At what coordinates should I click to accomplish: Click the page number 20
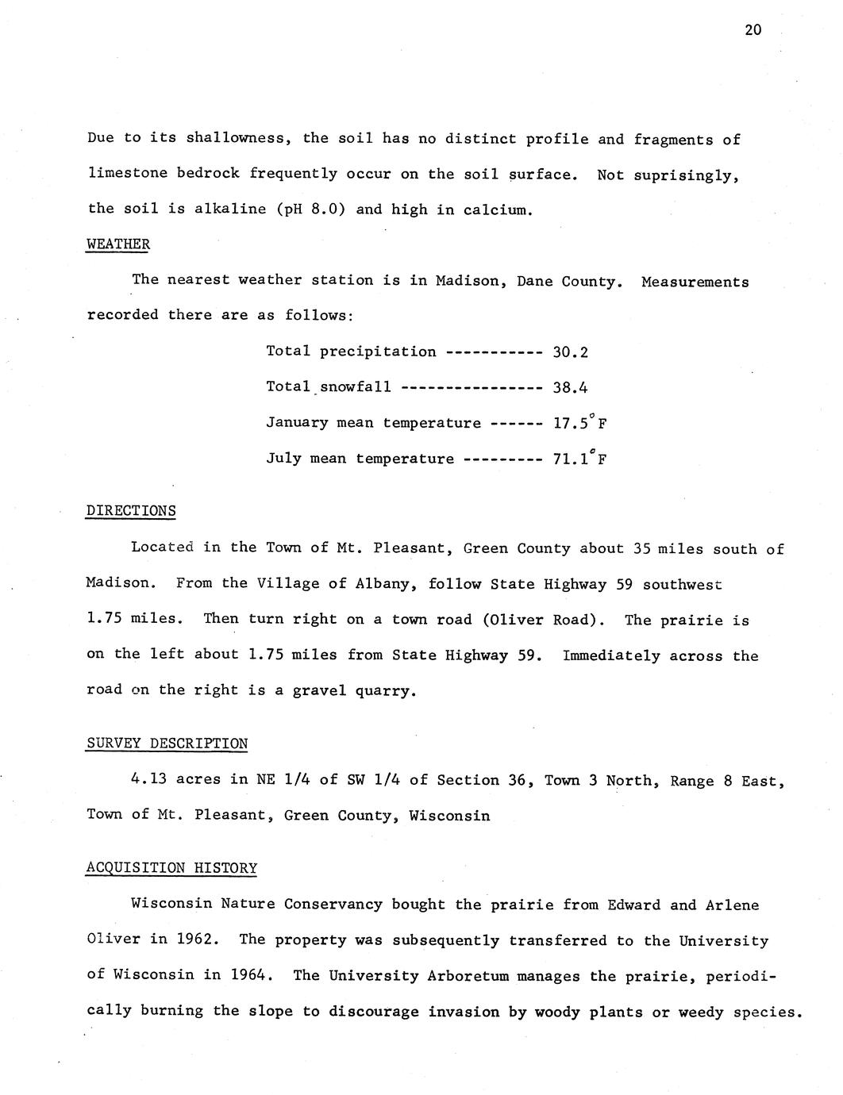coord(753,30)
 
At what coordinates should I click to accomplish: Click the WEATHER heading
coord(117,244)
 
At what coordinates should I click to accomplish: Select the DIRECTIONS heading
coord(131,511)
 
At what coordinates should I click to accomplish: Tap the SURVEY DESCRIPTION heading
coord(167,743)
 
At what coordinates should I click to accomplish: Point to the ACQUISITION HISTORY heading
coord(171,868)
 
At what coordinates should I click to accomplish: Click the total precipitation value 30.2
coord(570,352)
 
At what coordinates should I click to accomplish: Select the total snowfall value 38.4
coord(570,388)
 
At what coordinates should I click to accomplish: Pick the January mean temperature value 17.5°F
coord(580,423)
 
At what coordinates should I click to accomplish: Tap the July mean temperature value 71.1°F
coord(580,459)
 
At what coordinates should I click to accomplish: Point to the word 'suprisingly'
coord(686,175)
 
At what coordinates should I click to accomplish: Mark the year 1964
coord(252,975)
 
